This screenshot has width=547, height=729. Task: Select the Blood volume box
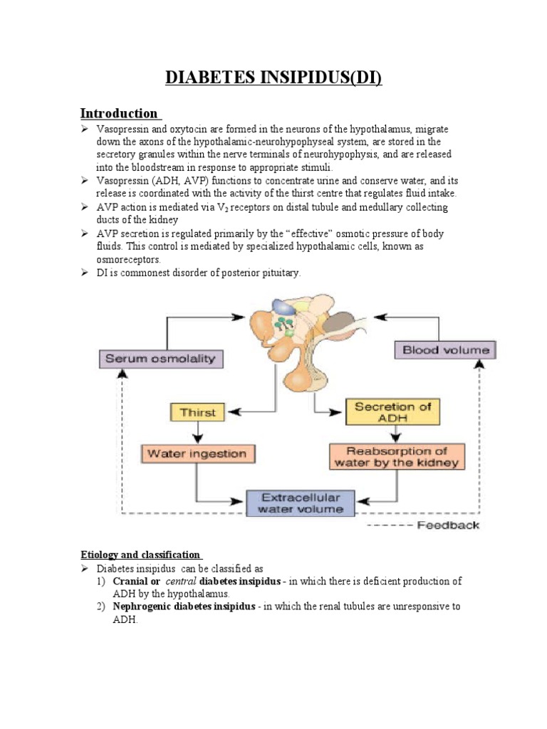[x=446, y=350]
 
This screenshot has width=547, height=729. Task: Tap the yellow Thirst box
[x=197, y=412]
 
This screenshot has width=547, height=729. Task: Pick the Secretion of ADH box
[x=392, y=412]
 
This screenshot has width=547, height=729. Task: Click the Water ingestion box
[x=197, y=453]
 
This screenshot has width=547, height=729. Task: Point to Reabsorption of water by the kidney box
[x=397, y=457]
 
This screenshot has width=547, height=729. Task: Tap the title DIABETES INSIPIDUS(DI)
[x=273, y=78]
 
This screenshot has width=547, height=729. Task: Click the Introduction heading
[x=119, y=113]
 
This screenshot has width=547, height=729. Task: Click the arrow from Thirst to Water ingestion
[x=197, y=433]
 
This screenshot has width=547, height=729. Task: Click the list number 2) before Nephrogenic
[x=100, y=607]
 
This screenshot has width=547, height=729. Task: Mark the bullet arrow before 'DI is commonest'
[x=84, y=273]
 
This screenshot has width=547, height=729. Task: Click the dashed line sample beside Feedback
[x=390, y=525]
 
